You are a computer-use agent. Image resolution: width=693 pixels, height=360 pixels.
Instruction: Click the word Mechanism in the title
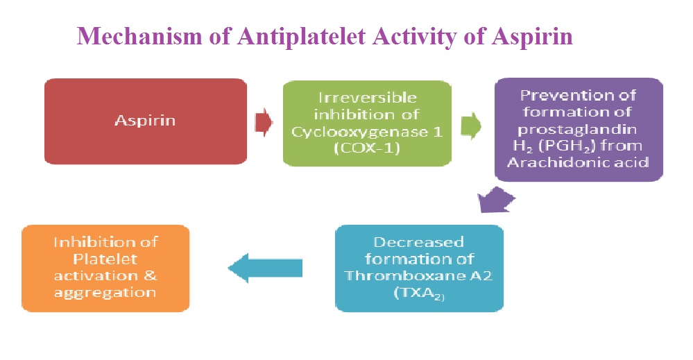[x=139, y=36]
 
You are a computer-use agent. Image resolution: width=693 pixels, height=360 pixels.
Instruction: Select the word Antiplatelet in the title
[x=302, y=36]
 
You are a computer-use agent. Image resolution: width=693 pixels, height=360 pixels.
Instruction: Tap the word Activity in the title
[x=413, y=37]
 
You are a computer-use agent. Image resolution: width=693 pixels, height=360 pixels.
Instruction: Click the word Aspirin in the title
[x=532, y=37]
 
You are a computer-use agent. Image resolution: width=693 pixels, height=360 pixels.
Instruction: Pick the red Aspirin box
[x=146, y=121]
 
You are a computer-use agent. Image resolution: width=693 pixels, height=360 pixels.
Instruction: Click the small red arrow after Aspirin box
[x=264, y=122]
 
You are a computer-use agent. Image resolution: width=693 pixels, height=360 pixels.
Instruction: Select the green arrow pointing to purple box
[x=471, y=126]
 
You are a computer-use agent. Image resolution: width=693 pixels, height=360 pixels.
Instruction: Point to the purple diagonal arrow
[x=496, y=200]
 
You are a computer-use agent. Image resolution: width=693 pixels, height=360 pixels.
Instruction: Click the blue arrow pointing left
[x=265, y=268]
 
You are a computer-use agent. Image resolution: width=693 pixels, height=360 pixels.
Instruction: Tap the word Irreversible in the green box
[x=367, y=98]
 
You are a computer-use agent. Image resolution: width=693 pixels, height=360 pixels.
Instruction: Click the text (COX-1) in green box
[x=367, y=148]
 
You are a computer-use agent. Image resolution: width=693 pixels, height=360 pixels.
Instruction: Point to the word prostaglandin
[x=577, y=130]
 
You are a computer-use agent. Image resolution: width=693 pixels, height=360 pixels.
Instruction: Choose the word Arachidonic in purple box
[x=556, y=162]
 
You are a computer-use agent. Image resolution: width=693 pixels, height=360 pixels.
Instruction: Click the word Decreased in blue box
[x=418, y=242]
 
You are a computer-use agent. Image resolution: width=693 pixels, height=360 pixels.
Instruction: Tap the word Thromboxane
[x=405, y=275]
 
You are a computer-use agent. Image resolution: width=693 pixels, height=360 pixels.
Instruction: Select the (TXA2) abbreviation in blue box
[x=419, y=293]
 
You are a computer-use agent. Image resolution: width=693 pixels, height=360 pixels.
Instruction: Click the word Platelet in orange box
[x=105, y=259]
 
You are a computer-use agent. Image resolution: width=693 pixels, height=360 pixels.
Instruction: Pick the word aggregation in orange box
[x=105, y=293]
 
